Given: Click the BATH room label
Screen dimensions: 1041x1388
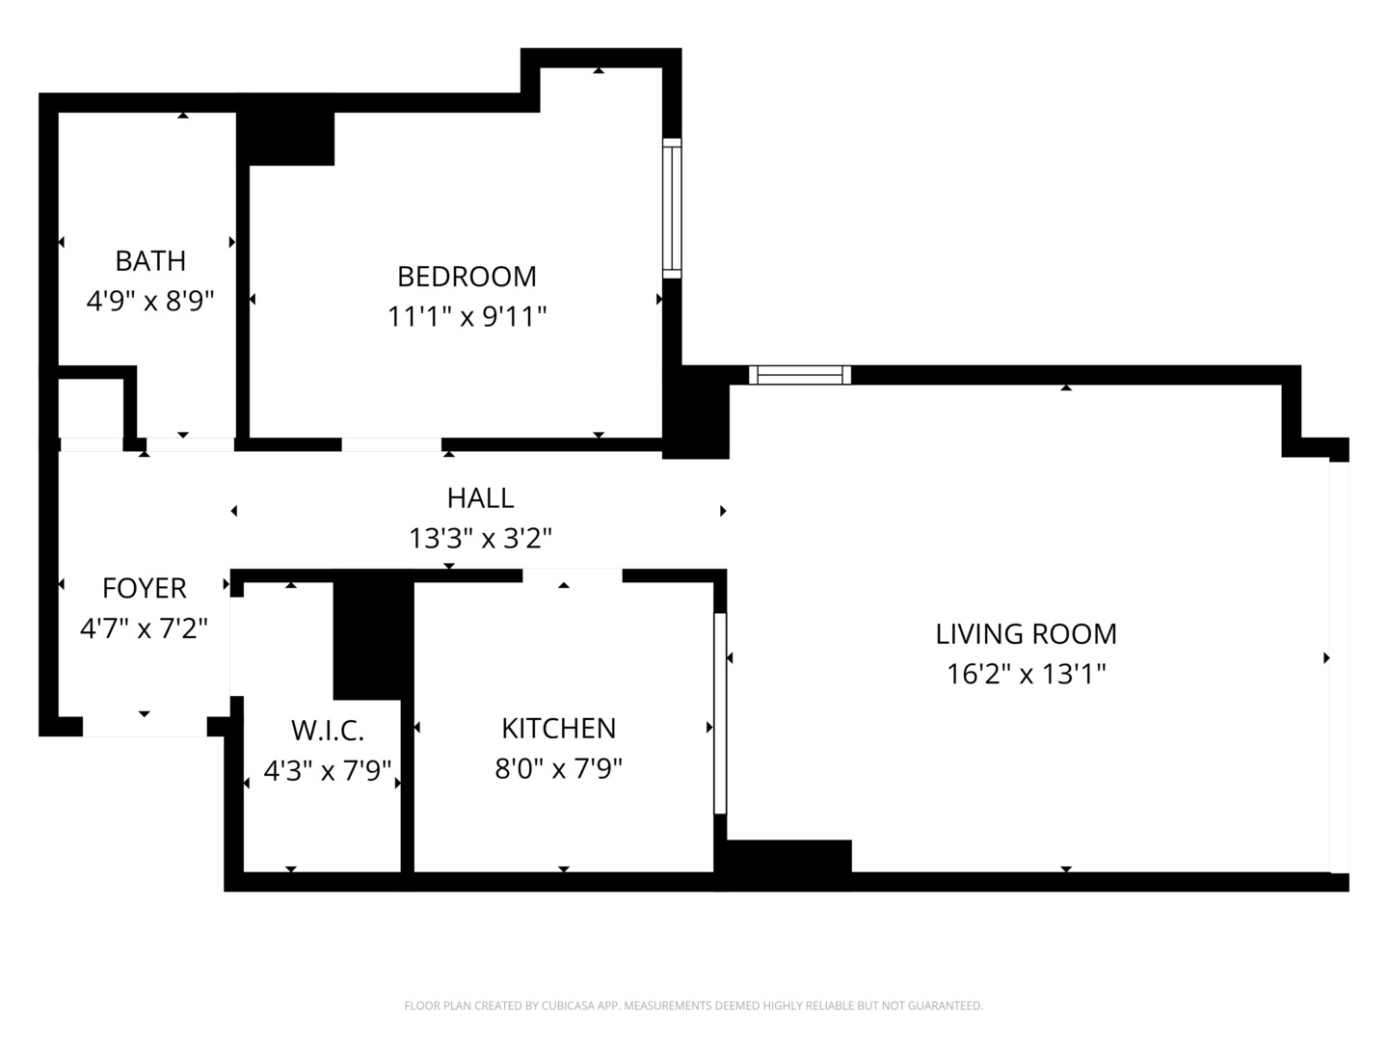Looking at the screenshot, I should [x=150, y=261].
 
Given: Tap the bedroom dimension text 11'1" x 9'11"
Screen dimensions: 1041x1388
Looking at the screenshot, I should [x=467, y=316].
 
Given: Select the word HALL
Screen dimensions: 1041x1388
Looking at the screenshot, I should [x=480, y=498].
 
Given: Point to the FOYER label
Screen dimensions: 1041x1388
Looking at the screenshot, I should [x=144, y=588].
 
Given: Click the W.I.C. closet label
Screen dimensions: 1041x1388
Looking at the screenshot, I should [x=328, y=731].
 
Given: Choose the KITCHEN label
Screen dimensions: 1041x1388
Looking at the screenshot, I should [x=558, y=729].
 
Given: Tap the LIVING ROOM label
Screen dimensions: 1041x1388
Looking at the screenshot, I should [x=1026, y=634].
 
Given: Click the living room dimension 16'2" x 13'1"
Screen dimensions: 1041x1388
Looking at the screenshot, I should [x=1026, y=674].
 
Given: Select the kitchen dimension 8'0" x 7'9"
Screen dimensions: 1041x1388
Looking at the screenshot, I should [x=558, y=769].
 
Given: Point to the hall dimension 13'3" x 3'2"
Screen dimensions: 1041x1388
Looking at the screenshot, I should [x=480, y=538].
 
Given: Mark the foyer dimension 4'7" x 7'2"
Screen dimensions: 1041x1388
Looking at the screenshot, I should [x=144, y=628].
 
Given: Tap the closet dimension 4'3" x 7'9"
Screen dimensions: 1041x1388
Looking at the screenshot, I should [x=328, y=771].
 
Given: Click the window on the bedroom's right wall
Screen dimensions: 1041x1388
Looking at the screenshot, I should [x=672, y=208].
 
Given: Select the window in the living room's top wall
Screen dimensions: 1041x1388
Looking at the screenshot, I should [x=800, y=375].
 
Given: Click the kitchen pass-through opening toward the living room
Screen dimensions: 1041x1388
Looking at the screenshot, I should [x=719, y=713].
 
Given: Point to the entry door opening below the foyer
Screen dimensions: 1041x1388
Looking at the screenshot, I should [x=145, y=727].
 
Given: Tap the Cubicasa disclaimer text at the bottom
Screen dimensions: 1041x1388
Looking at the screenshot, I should [x=693, y=1005].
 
